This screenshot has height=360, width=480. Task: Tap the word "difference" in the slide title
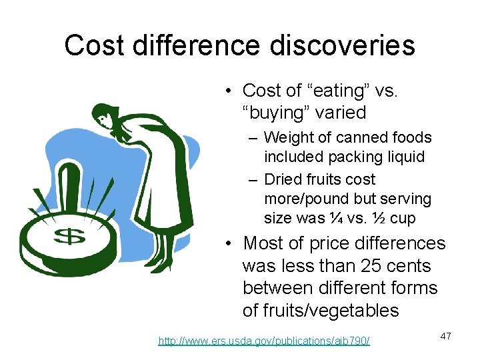point(195,45)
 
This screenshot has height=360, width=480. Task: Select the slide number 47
point(445,336)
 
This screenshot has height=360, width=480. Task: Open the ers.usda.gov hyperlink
point(264,341)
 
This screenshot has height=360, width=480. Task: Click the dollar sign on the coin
point(67,236)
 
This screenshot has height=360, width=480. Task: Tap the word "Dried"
point(283,179)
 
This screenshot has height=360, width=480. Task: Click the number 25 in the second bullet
point(372,266)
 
